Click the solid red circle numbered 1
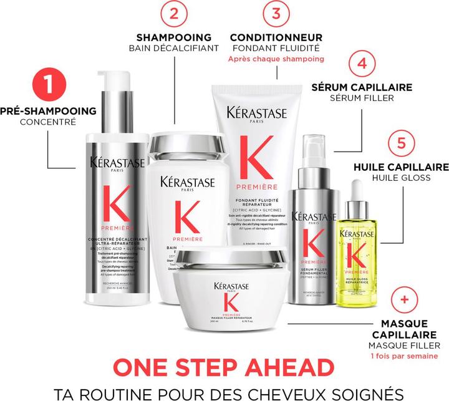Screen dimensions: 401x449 point(49,88)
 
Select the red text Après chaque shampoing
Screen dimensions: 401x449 point(276,59)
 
